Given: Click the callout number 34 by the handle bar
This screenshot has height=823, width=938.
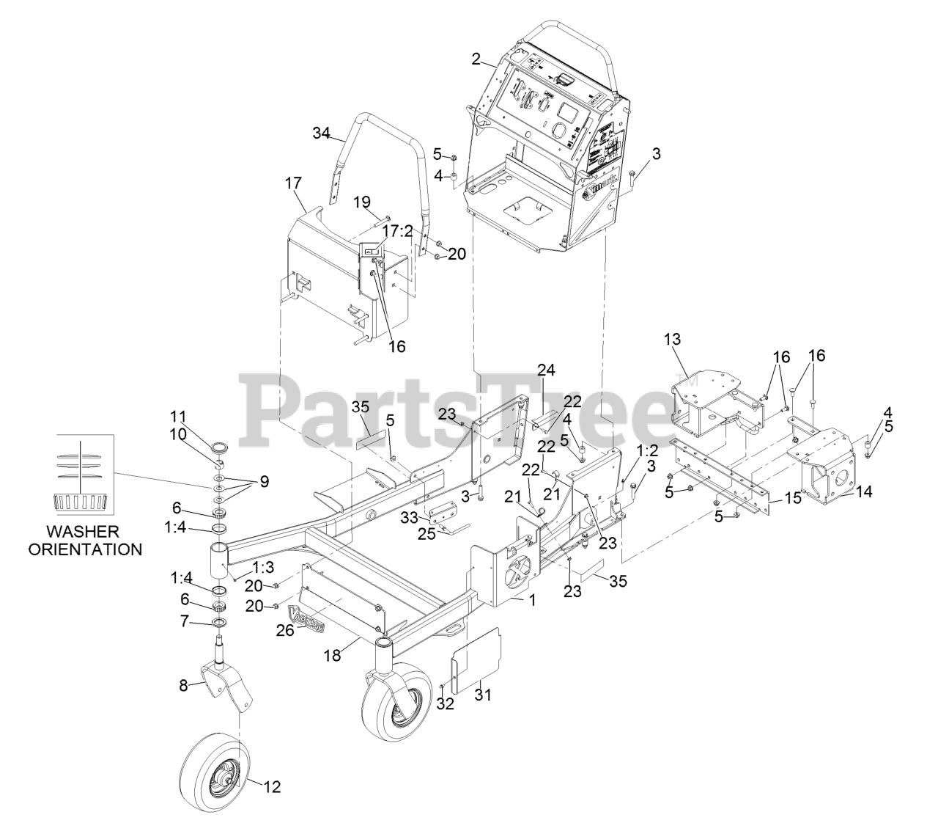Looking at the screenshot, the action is [321, 133].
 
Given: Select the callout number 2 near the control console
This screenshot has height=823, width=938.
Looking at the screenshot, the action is [476, 60].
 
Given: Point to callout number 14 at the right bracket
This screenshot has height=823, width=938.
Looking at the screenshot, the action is [864, 491].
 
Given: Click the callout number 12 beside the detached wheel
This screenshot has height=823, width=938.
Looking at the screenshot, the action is [272, 787].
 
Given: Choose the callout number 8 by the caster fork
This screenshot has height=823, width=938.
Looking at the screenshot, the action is [184, 686].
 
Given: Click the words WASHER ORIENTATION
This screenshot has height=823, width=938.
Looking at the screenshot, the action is [85, 540].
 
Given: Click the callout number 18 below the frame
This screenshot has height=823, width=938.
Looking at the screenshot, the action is [333, 655].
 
